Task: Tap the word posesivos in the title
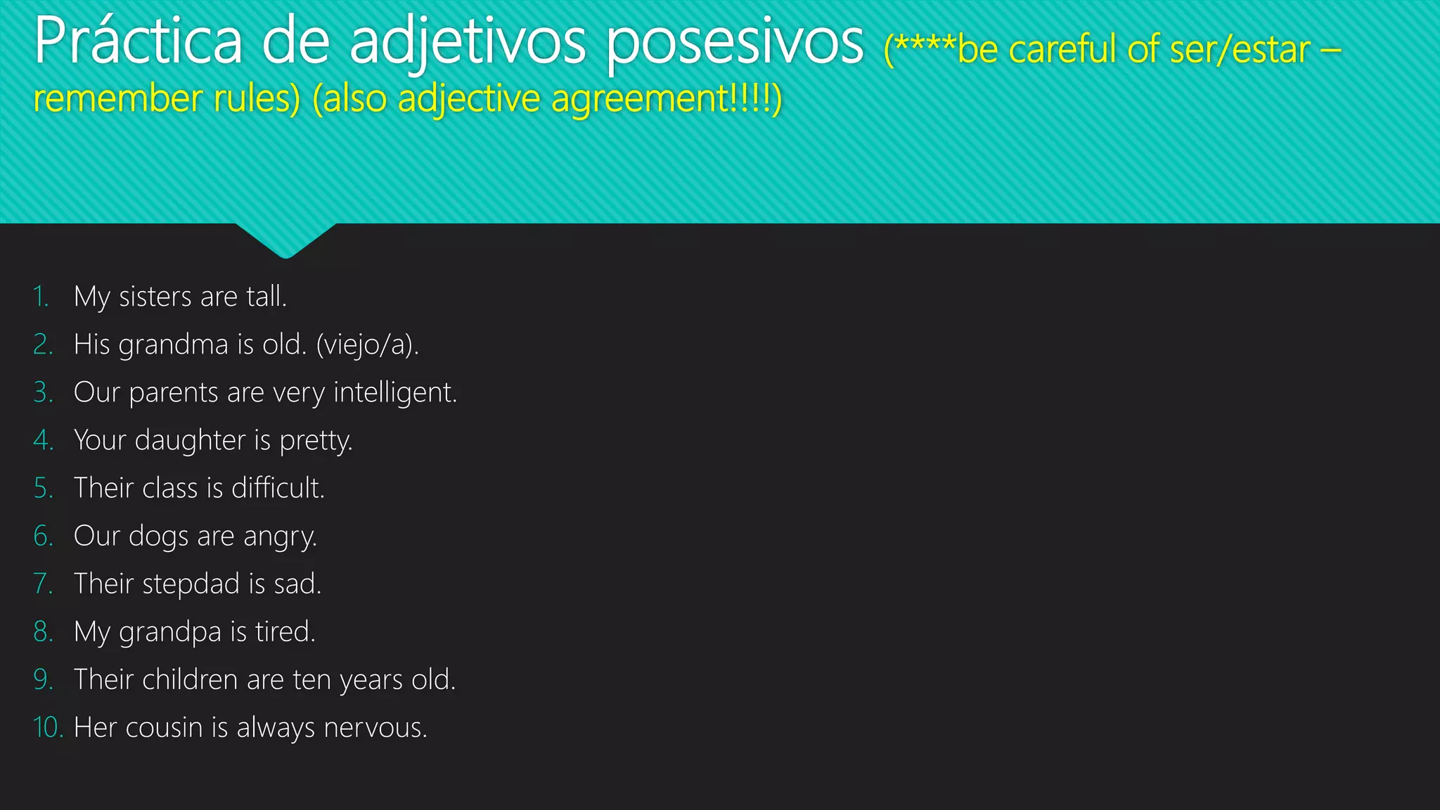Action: click(x=735, y=42)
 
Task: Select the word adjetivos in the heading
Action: click(x=467, y=42)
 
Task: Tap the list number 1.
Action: click(x=41, y=297)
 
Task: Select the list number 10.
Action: click(x=48, y=728)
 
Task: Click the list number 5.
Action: click(x=42, y=488)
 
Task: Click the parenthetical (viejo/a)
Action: click(x=367, y=345)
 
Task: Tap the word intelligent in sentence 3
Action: click(x=394, y=392)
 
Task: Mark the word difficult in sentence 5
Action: click(x=278, y=488)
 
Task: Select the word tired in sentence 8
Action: click(x=285, y=631)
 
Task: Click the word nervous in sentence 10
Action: click(x=375, y=728)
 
